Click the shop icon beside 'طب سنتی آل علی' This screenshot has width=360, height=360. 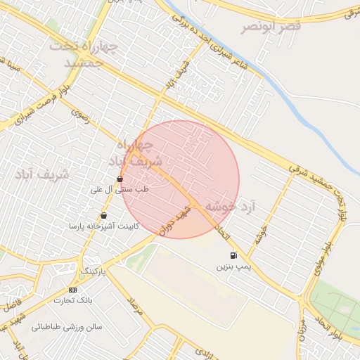(x=120, y=179)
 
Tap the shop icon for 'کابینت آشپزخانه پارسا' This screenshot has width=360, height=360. (x=104, y=216)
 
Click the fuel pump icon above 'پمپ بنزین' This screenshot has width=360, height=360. (x=233, y=255)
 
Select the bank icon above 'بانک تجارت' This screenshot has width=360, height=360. (x=73, y=289)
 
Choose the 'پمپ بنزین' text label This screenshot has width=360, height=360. (x=233, y=267)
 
